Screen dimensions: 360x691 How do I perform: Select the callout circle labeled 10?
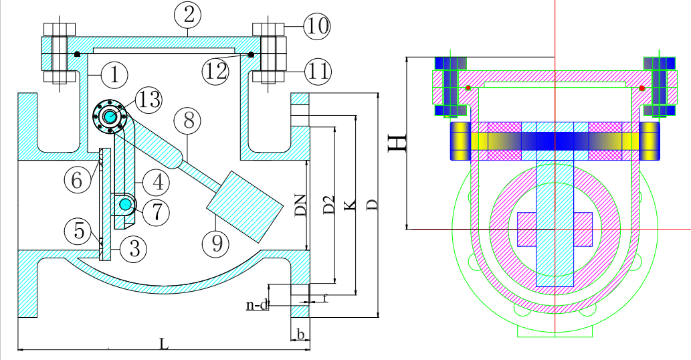pos(317,27)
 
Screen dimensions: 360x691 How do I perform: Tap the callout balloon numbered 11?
pos(317,70)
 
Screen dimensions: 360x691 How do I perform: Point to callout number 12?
pos(217,71)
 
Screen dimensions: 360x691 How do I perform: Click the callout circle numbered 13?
pos(149,100)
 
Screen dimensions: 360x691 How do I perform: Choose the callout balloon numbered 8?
pos(188,121)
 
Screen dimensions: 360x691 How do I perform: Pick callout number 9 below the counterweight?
pos(216,243)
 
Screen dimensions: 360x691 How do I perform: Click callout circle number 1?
pos(114,75)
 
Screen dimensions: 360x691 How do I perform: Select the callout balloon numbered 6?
pos(78,179)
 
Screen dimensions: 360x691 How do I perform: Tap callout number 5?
pos(79,231)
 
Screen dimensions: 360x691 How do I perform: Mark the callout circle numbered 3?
pos(134,249)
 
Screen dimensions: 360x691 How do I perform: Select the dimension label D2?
pos(328,205)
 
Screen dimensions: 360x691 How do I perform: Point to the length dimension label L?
pos(164,343)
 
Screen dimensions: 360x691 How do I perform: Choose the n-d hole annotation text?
pos(257,305)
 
